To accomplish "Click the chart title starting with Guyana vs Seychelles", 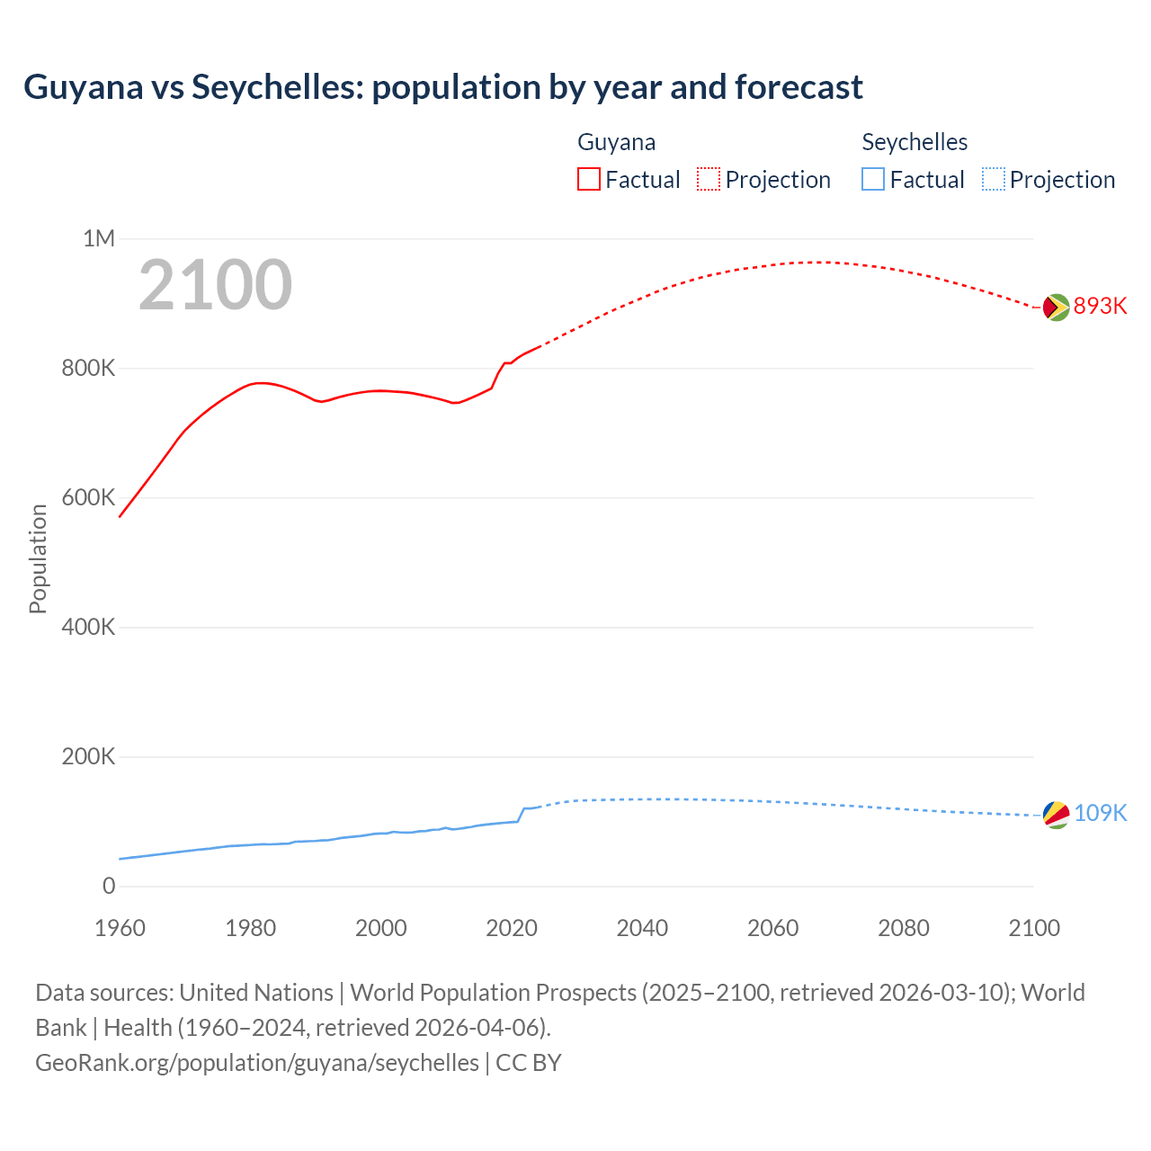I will pyautogui.click(x=442, y=87).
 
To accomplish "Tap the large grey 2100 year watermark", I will pyautogui.click(x=215, y=285).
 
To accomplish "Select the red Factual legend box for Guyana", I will pyautogui.click(x=588, y=179).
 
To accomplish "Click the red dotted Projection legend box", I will pyautogui.click(x=709, y=179).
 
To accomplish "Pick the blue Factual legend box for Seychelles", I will pyautogui.click(x=873, y=179).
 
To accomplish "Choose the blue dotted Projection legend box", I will pyautogui.click(x=994, y=179).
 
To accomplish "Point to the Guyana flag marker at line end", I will pyautogui.click(x=1056, y=308).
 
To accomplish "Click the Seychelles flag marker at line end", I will pyautogui.click(x=1056, y=815).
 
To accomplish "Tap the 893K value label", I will pyautogui.click(x=1100, y=307).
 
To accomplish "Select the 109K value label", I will pyautogui.click(x=1100, y=814).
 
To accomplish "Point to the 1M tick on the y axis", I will pyautogui.click(x=99, y=239).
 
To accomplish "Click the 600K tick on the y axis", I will pyautogui.click(x=88, y=498).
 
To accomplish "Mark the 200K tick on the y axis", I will pyautogui.click(x=88, y=757).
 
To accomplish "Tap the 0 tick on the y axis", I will pyautogui.click(x=109, y=887).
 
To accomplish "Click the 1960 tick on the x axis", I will pyautogui.click(x=120, y=929).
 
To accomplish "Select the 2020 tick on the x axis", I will pyautogui.click(x=512, y=929).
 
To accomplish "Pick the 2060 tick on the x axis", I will pyautogui.click(x=772, y=929).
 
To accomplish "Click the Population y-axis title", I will pyautogui.click(x=38, y=558).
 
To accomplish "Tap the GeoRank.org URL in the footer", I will pyautogui.click(x=257, y=1063).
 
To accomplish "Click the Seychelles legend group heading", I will pyautogui.click(x=915, y=142).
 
